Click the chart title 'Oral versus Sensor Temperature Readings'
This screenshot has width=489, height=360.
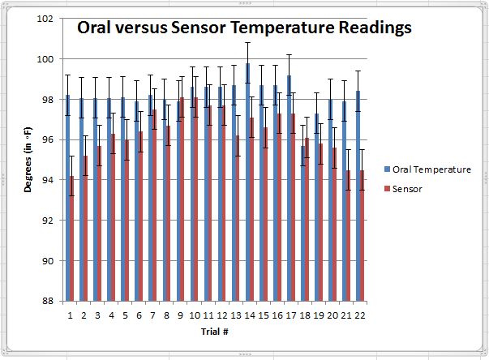244,28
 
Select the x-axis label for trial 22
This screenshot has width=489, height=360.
359,315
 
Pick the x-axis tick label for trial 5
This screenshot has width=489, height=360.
125,315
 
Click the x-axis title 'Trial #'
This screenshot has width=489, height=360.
213,331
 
